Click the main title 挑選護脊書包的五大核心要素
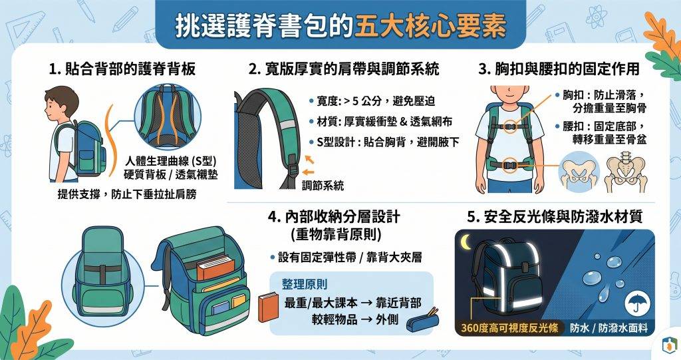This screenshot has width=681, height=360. click(340, 26)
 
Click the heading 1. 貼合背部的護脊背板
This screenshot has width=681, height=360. click(122, 69)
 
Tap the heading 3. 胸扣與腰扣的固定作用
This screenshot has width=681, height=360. click(559, 69)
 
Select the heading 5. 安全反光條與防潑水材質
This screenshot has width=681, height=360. click(555, 216)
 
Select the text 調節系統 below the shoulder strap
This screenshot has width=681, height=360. click(323, 186)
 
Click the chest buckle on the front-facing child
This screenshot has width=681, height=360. click(511, 127)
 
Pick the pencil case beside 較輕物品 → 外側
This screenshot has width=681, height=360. click(422, 321)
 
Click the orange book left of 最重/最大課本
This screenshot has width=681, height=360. click(268, 307)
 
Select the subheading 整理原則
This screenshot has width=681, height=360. click(305, 284)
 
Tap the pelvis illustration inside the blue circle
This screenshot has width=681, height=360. click(579, 172)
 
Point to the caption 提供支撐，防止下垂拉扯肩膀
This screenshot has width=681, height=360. click(127, 194)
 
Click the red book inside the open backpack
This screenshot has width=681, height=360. click(215, 267)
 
